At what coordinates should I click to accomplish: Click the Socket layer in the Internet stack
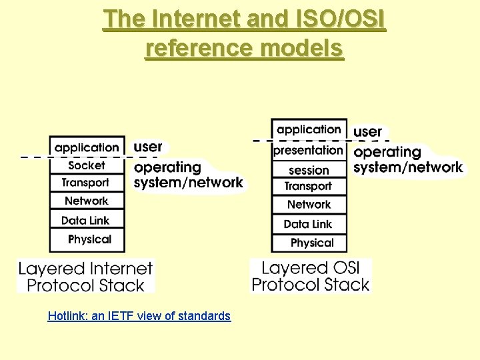point(87,165)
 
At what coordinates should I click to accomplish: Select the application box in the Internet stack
point(87,147)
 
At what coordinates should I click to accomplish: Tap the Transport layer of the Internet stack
point(87,183)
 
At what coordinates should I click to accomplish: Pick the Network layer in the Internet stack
point(87,201)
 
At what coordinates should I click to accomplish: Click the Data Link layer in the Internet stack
point(87,220)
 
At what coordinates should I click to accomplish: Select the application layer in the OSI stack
point(309,129)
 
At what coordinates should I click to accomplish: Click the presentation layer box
point(309,151)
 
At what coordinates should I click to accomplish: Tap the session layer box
point(309,170)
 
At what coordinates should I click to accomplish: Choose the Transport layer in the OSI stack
point(309,187)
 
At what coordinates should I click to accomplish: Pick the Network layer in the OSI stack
point(309,205)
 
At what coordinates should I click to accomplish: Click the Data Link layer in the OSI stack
point(309,224)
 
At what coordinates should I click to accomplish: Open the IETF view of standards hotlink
point(139,316)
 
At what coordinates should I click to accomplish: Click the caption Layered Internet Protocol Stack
point(86,277)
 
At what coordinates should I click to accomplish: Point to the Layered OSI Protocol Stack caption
point(311,276)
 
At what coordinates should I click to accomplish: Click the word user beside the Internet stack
point(148,146)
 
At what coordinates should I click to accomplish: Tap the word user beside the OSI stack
point(367,131)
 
